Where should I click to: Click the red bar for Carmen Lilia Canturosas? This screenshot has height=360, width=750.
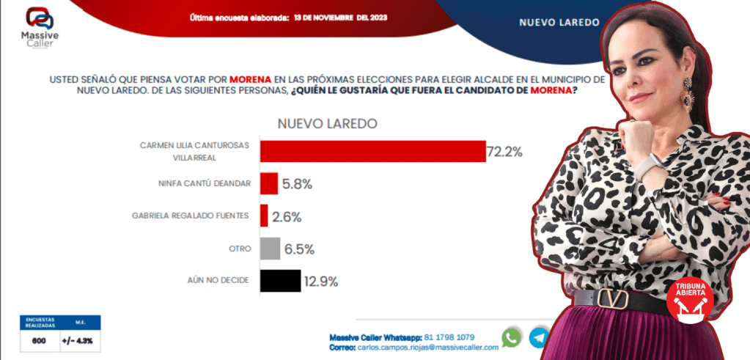tap(372, 151)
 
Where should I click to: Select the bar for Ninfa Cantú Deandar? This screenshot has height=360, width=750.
tap(269, 184)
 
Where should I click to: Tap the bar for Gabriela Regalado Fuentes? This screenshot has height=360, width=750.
tap(264, 216)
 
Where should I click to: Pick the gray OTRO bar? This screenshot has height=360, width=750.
tap(270, 249)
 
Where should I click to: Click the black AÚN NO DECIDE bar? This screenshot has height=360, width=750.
tap(280, 281)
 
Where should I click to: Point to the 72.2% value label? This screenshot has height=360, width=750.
tap(504, 152)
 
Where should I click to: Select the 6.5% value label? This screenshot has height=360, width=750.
tap(299, 249)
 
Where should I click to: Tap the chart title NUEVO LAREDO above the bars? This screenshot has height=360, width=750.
tap(327, 123)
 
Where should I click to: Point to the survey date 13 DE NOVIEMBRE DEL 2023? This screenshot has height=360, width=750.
tap(345, 17)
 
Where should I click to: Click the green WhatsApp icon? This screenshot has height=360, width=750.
tap(512, 337)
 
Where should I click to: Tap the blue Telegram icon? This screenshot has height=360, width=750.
tap(540, 337)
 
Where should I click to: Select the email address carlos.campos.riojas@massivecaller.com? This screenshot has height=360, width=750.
tap(426, 347)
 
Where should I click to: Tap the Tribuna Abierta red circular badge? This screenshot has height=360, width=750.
tap(689, 300)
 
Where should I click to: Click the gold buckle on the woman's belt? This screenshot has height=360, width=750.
tap(611, 298)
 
